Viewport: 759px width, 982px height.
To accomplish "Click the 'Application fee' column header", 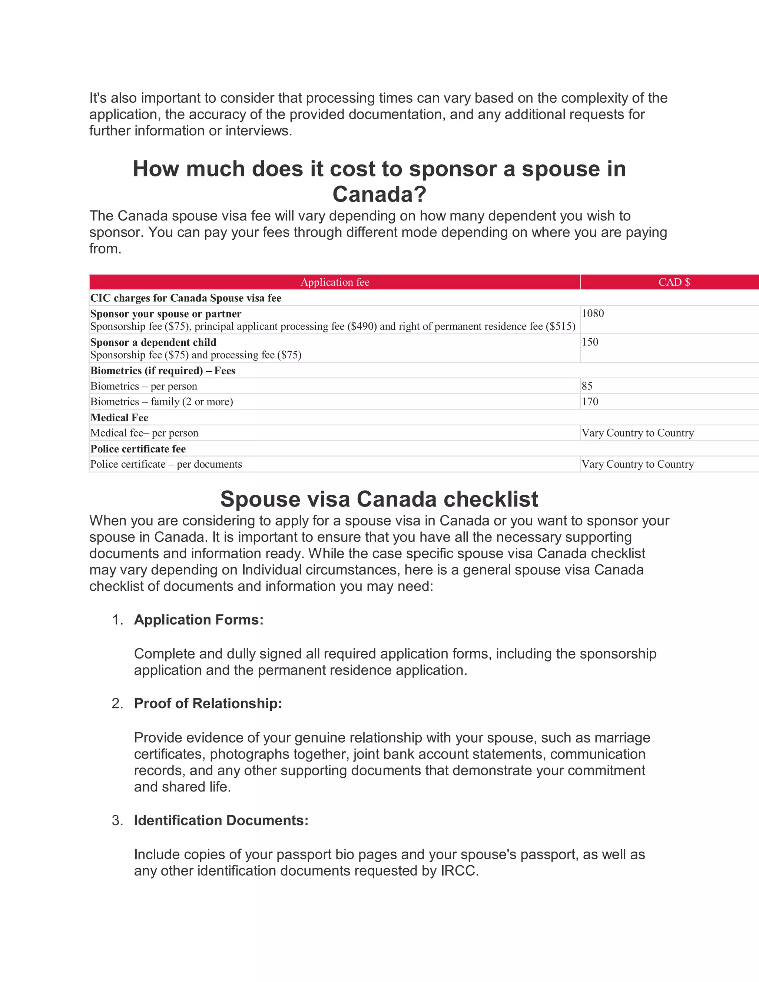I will coord(335,282).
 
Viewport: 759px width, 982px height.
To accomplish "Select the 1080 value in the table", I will coord(593,313).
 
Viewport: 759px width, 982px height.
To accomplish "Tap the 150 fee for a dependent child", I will coord(590,342).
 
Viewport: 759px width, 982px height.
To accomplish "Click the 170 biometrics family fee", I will coord(590,402).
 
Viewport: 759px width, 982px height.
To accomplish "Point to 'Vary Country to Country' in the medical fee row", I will coord(637,433).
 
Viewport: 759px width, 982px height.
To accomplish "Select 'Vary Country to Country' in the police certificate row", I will coord(637,464).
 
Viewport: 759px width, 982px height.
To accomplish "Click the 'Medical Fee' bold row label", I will coord(119,418).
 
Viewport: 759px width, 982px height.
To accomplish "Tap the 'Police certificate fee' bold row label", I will coord(138,449).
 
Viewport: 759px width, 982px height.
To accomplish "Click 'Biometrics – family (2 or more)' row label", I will coord(162,402).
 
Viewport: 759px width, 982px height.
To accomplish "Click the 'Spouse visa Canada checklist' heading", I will coord(379,499).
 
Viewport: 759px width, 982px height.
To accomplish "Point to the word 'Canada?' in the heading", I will coord(379,194).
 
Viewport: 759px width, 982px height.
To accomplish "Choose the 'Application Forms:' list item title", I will coord(199,620).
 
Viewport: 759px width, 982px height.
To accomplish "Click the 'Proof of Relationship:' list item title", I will coord(208,703).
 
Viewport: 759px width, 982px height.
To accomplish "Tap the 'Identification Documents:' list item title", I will coord(221,820).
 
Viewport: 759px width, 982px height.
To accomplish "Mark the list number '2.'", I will coord(117,703).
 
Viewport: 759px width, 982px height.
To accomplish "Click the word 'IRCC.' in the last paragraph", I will coord(460,871).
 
